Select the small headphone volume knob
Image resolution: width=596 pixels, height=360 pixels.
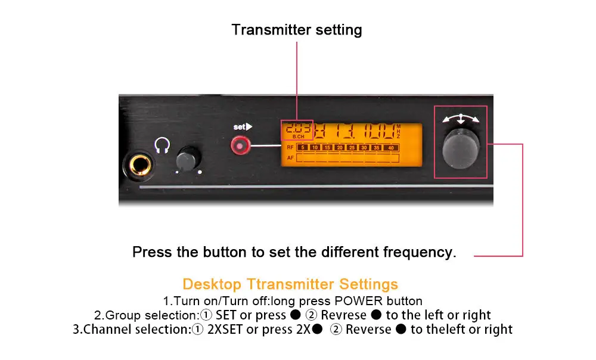click(188, 159)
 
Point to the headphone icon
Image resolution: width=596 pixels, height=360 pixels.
click(162, 144)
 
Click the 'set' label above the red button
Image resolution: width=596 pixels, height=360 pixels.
click(241, 127)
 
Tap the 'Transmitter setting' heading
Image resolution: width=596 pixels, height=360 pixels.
click(296, 30)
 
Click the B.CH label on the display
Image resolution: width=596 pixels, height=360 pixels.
click(299, 136)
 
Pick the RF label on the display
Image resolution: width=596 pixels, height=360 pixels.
click(290, 147)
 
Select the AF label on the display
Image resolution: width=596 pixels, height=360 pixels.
click(290, 158)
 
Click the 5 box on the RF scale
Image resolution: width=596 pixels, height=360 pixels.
click(302, 147)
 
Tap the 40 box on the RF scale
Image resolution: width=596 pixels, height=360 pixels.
click(390, 147)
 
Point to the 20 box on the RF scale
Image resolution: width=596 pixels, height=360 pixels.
click(340, 147)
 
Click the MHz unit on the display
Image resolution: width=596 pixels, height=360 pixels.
click(399, 131)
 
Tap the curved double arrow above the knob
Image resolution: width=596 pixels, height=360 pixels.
click(460, 117)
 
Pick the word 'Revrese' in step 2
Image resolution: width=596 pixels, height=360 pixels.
click(344, 315)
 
